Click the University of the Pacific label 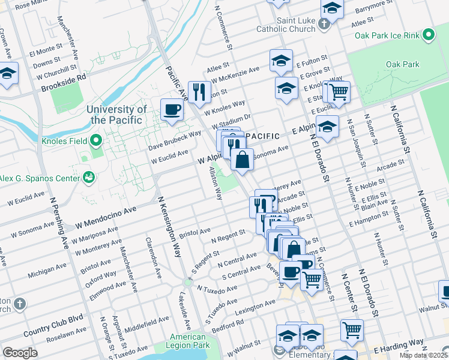116,114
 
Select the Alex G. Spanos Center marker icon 89,177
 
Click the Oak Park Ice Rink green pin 429,35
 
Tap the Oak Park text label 402,64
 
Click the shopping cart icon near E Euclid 338,91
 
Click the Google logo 20,353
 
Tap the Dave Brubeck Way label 175,143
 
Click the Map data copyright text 424,355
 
